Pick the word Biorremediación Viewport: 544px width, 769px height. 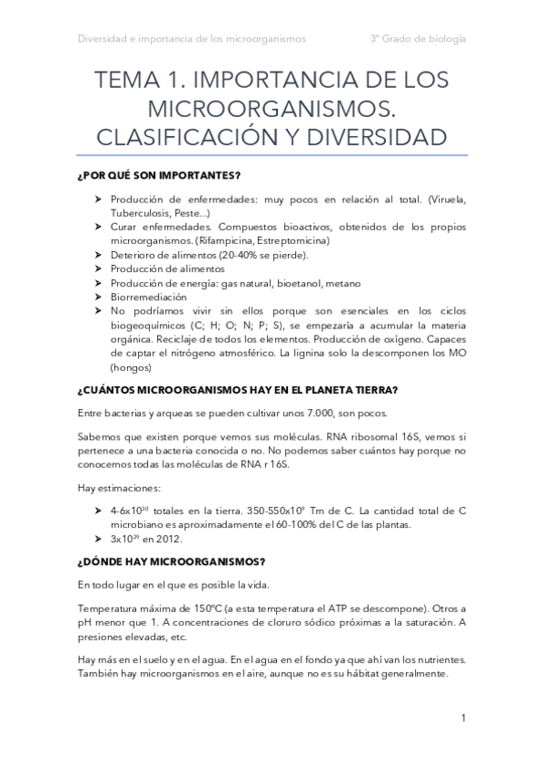tap(148, 296)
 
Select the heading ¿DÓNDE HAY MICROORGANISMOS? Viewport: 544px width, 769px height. tap(172, 560)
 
